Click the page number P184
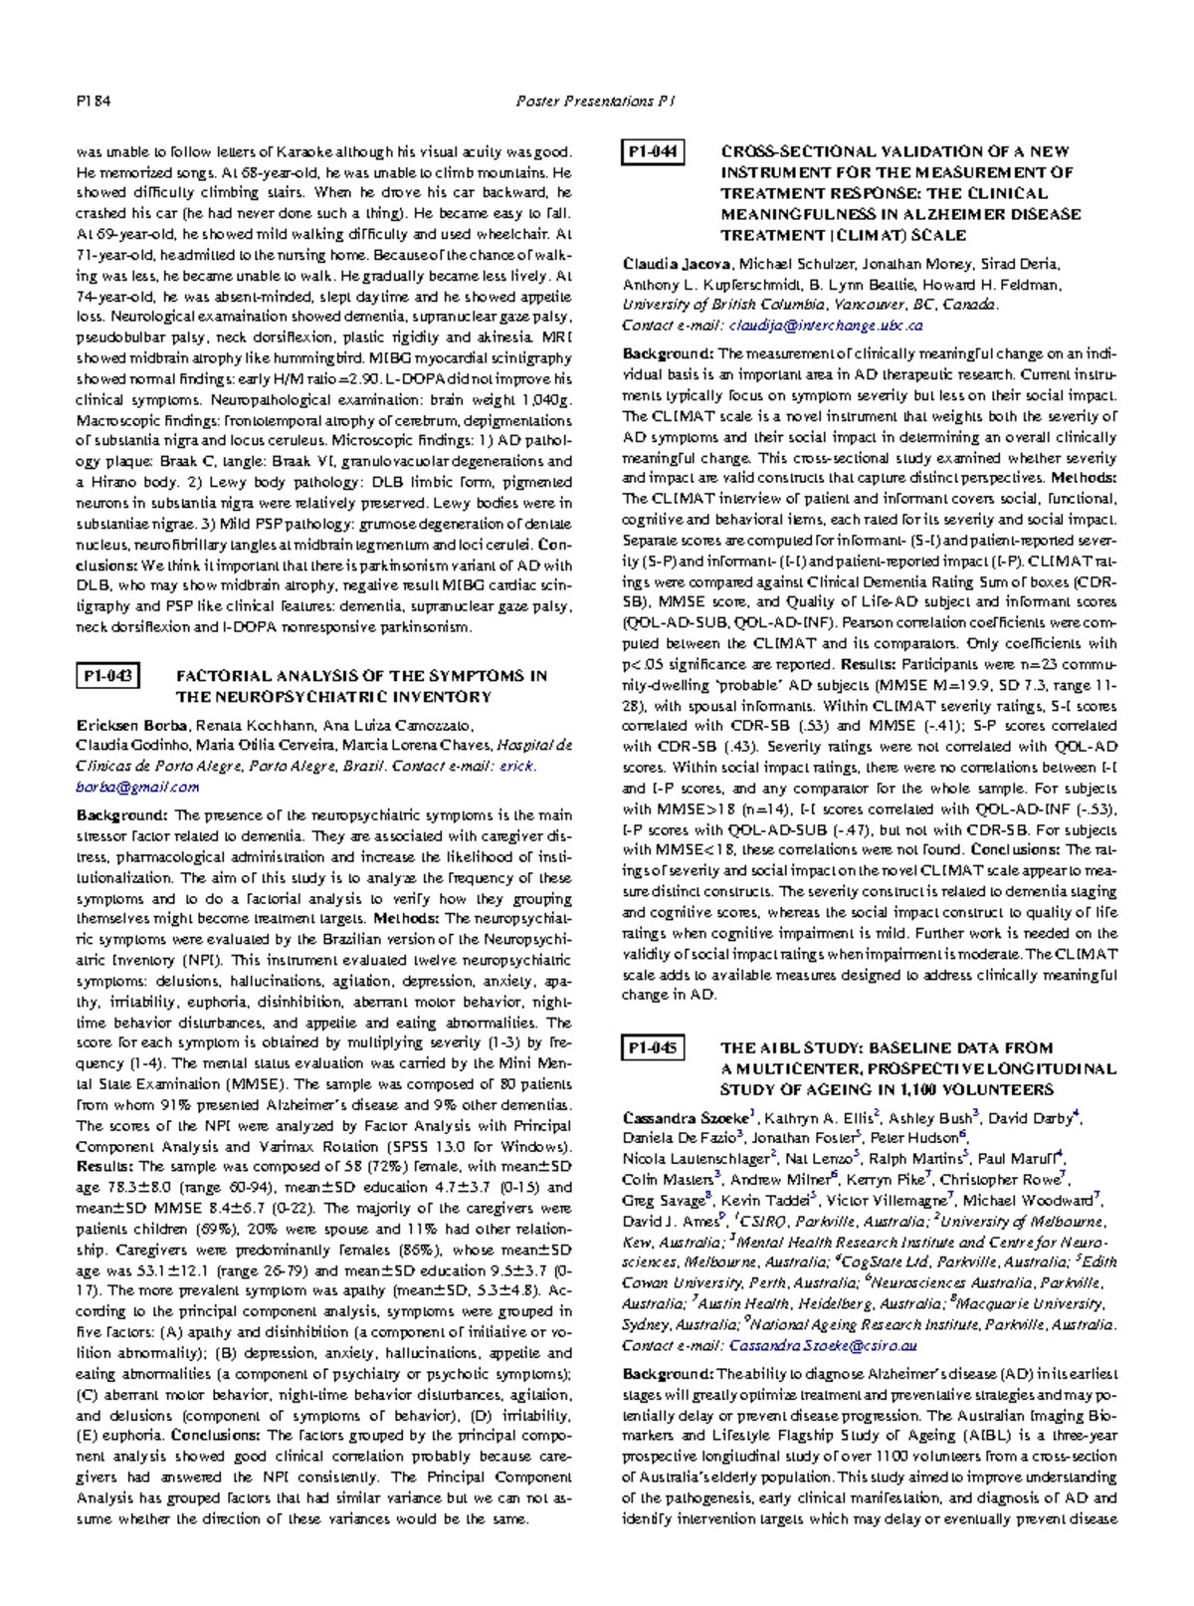[94, 101]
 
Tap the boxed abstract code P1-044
[653, 151]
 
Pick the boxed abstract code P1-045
[653, 1047]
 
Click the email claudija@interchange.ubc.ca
[826, 326]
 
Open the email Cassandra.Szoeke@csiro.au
[823, 1346]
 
